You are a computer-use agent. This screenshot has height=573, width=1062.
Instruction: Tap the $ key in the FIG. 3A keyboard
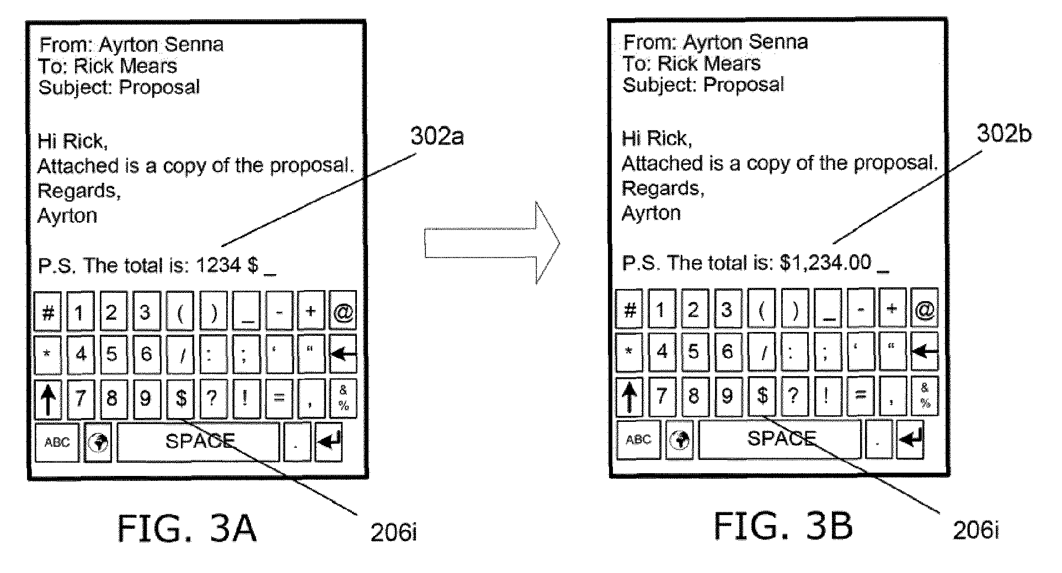click(180, 398)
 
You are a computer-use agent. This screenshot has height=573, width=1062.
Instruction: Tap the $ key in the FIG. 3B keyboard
click(762, 395)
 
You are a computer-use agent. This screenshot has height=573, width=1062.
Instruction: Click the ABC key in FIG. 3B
click(638, 440)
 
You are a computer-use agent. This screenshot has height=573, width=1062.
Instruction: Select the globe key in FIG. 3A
click(98, 442)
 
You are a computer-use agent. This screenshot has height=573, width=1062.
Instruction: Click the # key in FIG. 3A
click(48, 312)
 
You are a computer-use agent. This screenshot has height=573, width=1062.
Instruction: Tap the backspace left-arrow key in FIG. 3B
click(925, 351)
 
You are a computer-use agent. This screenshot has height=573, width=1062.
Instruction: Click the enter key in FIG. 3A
click(329, 442)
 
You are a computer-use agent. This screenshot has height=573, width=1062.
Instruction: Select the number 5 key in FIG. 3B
click(694, 351)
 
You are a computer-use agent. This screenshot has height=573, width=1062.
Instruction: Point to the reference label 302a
click(437, 136)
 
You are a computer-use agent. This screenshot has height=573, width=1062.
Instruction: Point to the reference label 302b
click(1004, 133)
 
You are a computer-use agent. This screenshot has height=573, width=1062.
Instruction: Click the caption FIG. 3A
click(187, 528)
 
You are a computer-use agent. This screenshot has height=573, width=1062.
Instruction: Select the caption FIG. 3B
click(783, 526)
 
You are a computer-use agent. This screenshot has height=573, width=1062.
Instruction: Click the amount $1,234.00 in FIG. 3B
click(825, 263)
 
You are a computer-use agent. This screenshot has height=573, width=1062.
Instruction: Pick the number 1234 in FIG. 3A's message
click(218, 265)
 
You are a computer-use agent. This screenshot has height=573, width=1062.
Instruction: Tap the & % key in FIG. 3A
click(343, 398)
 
